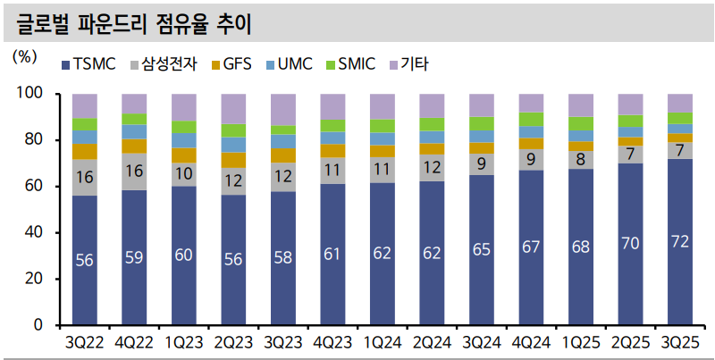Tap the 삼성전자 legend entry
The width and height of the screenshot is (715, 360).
coord(164,64)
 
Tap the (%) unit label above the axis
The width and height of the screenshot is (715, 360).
coord(24,55)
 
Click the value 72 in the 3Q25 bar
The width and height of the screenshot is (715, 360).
coord(680,241)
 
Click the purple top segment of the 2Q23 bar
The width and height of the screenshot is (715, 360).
coord(234,108)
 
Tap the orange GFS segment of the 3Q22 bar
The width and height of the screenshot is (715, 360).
coord(85,151)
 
